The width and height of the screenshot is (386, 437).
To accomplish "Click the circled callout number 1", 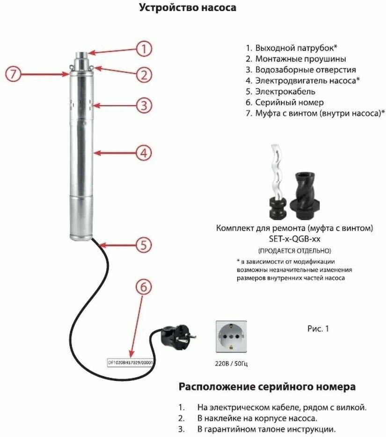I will point(145,49).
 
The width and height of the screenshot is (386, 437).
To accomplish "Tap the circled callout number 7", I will point(14,74).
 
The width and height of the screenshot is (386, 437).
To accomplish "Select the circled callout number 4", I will point(145,152).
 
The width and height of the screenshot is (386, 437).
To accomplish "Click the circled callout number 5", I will point(144,244).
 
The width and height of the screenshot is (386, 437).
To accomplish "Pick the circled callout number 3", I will point(145,105).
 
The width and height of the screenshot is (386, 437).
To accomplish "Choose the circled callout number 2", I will point(145,74).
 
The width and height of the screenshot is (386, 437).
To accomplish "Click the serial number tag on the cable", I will point(131,362).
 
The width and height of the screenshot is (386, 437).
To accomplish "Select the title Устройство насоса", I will point(188,8).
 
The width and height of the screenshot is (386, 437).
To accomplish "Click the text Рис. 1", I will point(318,329).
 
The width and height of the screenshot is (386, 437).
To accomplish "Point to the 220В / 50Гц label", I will point(229,363).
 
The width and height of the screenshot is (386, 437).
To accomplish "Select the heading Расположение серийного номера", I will point(267,387).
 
